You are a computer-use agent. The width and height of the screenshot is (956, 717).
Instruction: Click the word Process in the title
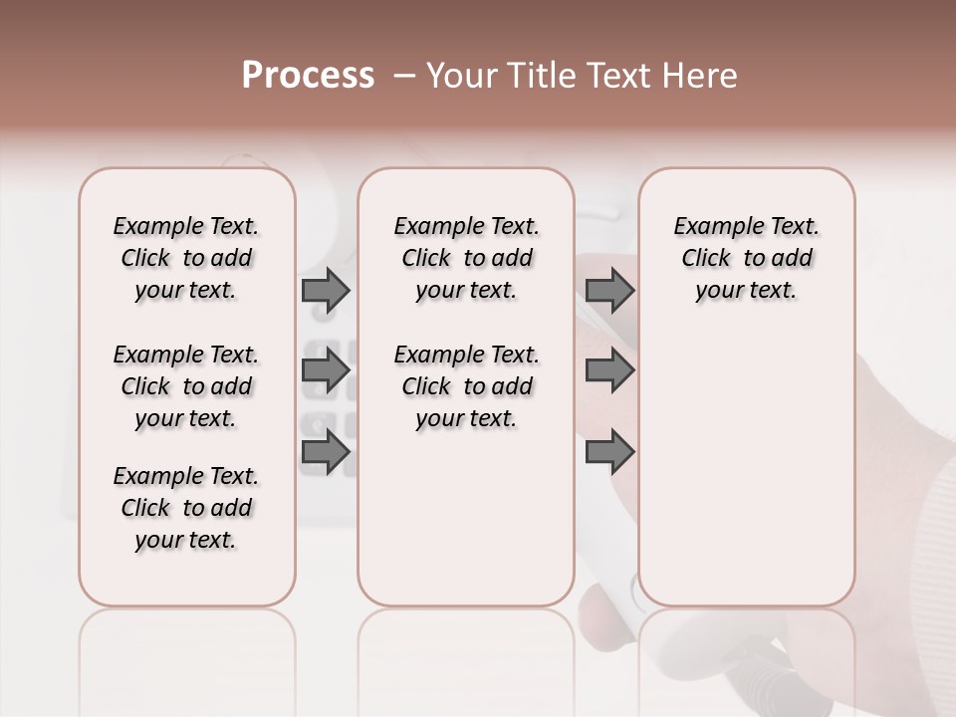pos(308,76)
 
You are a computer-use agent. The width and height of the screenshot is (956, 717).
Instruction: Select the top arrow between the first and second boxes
pos(326,290)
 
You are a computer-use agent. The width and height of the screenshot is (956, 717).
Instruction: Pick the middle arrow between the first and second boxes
pos(326,370)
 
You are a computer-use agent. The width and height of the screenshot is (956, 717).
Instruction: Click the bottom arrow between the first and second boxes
pos(326,452)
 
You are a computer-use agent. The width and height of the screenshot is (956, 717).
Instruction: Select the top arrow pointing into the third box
pos(609,290)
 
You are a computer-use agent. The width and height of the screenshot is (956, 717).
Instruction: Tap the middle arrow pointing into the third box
pos(609,370)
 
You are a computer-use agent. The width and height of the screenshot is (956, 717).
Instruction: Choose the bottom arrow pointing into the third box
pos(609,452)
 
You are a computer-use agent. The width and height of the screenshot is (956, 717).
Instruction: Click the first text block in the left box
pos(186,258)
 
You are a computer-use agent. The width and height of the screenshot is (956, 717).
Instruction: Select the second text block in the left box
pos(186,386)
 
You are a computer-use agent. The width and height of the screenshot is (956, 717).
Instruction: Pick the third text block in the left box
pos(186,508)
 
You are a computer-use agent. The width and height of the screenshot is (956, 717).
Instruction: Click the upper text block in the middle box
pos(466,258)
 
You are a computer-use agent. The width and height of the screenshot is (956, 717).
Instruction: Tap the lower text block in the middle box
pos(466,386)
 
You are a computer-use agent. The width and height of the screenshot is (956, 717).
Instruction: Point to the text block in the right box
pos(746,258)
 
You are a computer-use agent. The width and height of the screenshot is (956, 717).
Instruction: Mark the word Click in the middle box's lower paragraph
pos(425,386)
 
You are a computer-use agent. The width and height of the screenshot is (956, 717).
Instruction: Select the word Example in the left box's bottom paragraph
pos(153,477)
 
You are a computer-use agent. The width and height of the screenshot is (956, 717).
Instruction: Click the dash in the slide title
pos(403,76)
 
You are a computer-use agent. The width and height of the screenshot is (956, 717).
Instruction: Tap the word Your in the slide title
pos(462,76)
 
